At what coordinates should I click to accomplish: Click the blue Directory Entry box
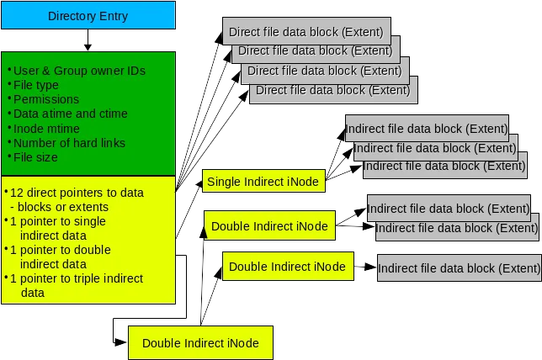coord(88,16)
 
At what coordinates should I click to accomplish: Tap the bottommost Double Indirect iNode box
coord(199,342)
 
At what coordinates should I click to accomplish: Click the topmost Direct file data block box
coord(306,32)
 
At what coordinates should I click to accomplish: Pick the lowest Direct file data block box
coord(332,90)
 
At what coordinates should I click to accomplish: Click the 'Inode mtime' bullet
coord(48,128)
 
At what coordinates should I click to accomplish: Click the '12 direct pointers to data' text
coord(77,193)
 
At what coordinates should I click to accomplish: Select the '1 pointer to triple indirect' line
coord(77,278)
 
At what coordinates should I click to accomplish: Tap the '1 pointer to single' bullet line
coord(58,221)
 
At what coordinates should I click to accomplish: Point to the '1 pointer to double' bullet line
coord(60,250)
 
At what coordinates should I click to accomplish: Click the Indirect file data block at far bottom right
coord(459,269)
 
